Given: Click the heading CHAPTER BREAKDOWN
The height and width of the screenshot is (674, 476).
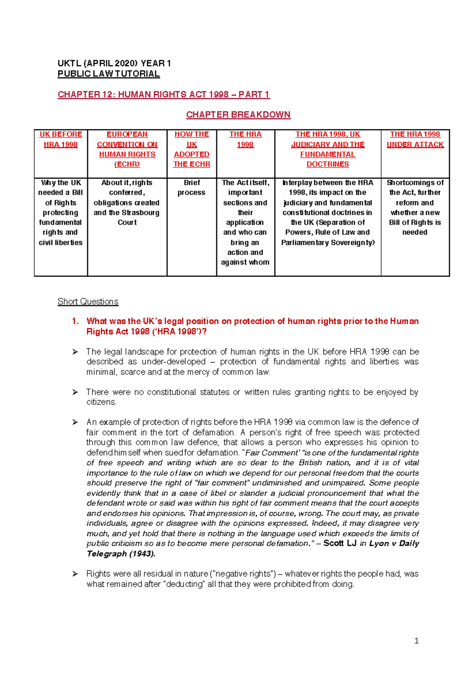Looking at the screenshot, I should click(x=238, y=115).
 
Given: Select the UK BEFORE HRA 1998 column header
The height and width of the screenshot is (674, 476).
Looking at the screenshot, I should click(x=61, y=139).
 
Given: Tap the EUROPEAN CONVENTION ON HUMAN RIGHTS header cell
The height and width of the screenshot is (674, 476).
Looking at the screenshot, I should click(x=127, y=149).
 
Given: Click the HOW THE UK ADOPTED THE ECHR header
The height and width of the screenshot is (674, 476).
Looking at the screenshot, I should click(x=192, y=149).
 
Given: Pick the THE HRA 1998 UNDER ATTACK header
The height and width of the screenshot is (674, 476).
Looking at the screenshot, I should click(x=415, y=139).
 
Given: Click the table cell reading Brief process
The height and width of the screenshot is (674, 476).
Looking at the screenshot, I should click(x=192, y=187).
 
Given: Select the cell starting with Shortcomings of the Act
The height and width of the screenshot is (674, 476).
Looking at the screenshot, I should click(x=415, y=207).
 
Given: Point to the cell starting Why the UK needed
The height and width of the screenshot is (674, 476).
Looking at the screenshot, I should click(x=61, y=212).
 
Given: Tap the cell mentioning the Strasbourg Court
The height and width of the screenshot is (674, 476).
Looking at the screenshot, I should click(x=127, y=202).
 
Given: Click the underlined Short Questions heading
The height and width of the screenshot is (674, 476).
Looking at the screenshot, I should click(x=88, y=302).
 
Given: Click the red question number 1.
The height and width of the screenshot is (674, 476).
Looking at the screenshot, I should click(x=75, y=321).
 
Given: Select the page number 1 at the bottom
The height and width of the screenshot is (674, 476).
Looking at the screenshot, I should click(x=416, y=641).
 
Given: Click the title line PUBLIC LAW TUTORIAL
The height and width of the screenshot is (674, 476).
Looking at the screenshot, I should click(x=109, y=74).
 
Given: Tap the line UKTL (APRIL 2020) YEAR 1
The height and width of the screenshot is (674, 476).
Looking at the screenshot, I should click(x=114, y=64).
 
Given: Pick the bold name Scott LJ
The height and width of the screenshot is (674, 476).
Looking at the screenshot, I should click(x=340, y=543).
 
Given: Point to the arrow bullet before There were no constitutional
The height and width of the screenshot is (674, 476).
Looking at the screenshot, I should click(x=75, y=392).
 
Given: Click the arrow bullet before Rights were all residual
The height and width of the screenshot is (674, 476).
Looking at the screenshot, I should click(x=75, y=574).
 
